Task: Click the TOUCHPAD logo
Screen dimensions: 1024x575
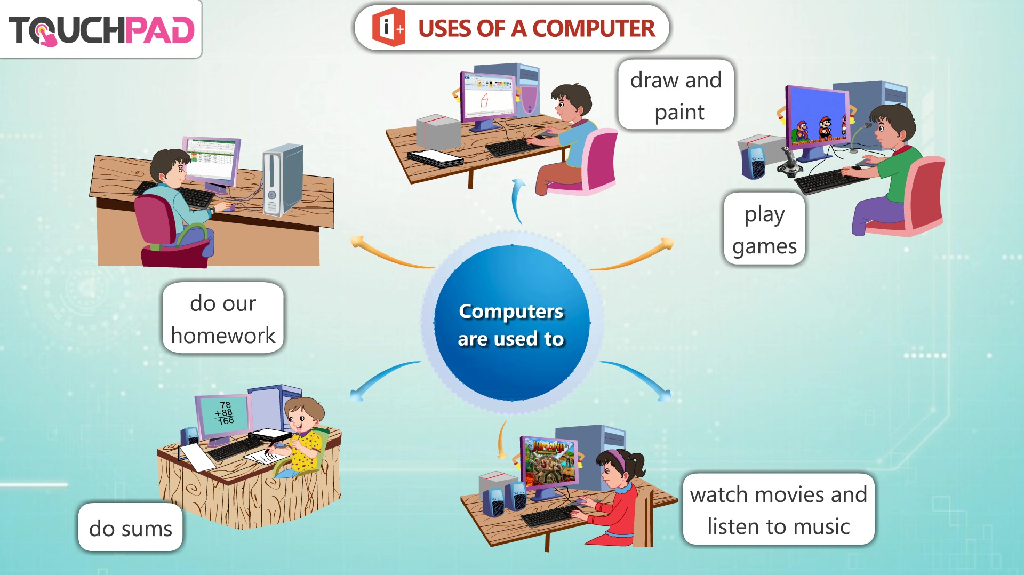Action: point(101,30)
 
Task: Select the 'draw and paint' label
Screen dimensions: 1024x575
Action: point(676,95)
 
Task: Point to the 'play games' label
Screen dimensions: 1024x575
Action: point(764,229)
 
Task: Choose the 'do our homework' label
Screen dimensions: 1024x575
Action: point(223,318)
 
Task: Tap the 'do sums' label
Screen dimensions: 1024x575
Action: point(130,528)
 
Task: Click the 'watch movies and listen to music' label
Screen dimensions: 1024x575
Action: point(778,509)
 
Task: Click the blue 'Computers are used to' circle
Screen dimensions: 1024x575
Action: point(512,323)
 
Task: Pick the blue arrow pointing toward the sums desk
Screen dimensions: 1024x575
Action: point(383,378)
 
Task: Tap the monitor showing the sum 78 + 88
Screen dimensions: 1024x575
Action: point(223,417)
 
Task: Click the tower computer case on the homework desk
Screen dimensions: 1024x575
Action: point(283,180)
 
